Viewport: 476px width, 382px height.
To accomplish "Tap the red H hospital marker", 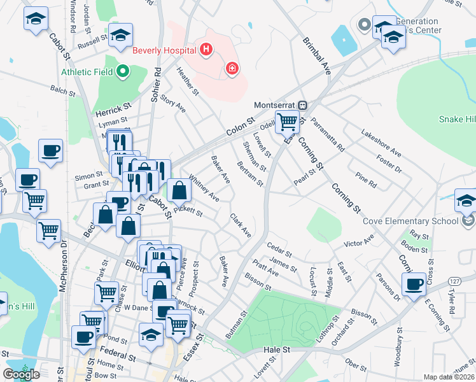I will coord(206,49).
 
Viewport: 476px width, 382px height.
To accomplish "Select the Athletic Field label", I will coord(87,71).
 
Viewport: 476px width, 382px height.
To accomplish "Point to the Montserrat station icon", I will coord(304,105).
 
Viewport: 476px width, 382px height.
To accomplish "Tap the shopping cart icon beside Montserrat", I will coord(287,121).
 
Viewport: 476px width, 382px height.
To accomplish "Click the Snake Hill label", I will coord(457,119).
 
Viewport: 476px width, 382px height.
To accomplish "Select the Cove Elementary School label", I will coord(410,221).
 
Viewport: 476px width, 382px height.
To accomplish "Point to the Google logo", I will coord(21,374).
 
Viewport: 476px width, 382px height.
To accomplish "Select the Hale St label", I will coord(277,350).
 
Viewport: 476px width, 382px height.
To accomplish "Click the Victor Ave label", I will coord(359,243).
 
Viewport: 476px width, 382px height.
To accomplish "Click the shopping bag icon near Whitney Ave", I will coord(180,189).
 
